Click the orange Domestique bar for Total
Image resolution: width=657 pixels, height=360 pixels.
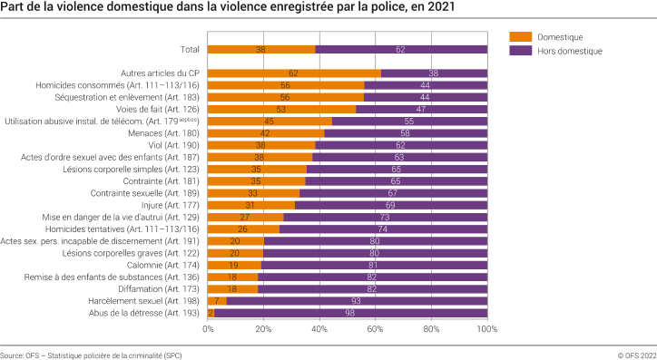pyautogui.click(x=261, y=50)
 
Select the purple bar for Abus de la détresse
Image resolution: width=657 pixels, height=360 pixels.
pyautogui.click(x=350, y=313)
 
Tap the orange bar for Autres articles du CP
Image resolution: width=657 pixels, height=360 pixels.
pyautogui.click(x=294, y=73)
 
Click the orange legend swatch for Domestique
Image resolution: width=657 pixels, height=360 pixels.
pyautogui.click(x=520, y=37)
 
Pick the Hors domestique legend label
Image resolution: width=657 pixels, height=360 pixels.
pyautogui.click(x=568, y=52)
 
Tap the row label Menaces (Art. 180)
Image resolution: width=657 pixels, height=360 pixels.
pyautogui.click(x=169, y=133)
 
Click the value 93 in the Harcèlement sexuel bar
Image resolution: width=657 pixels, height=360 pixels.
pyautogui.click(x=355, y=301)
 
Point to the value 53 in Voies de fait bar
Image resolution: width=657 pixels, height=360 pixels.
pyautogui.click(x=281, y=109)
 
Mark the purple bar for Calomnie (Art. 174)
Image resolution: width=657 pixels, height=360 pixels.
pyautogui.click(x=374, y=265)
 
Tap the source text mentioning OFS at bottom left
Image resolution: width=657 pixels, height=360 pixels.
pyautogui.click(x=92, y=355)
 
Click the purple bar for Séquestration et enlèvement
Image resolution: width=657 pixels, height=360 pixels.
pyautogui.click(x=426, y=97)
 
